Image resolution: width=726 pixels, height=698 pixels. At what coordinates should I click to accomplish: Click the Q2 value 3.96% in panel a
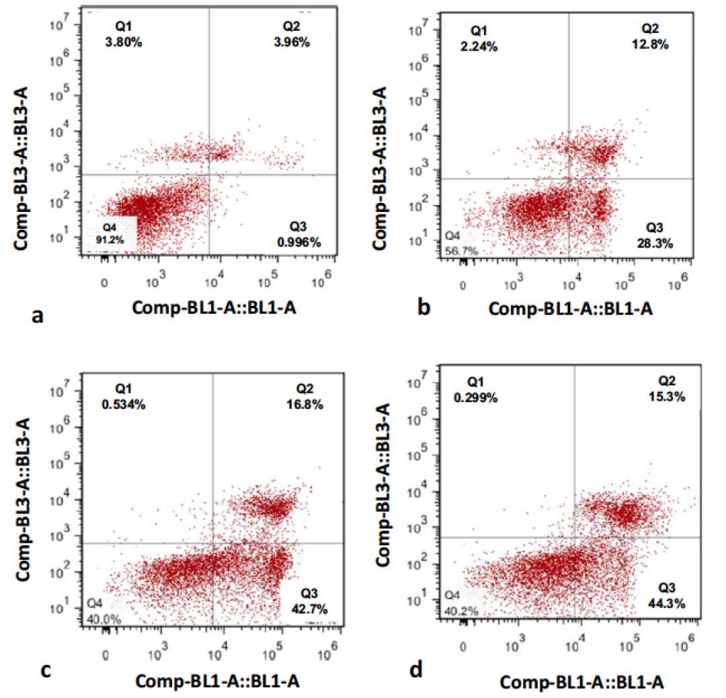[x=296, y=42]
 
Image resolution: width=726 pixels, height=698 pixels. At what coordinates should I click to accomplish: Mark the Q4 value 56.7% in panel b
[x=458, y=251]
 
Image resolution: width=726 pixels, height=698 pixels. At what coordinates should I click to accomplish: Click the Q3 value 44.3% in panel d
[x=670, y=603]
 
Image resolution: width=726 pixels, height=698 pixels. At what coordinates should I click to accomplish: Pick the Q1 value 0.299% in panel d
[x=476, y=397]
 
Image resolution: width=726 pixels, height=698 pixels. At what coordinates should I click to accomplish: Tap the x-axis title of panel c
[x=217, y=681]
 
